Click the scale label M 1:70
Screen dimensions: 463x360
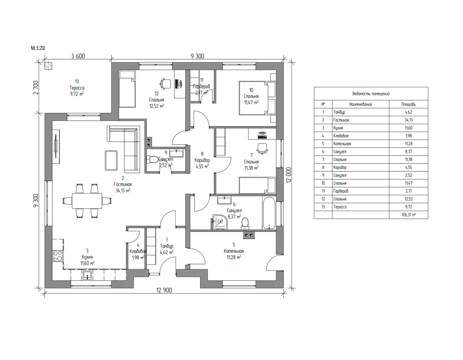[x=38, y=48]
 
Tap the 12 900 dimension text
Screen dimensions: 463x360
[x=164, y=290]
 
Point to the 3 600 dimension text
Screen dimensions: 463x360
[x=78, y=56]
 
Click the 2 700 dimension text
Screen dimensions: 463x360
[x=36, y=87]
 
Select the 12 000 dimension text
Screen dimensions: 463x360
[x=289, y=175]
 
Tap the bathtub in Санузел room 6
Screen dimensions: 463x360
[x=269, y=213]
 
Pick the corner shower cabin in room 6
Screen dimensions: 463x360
[x=220, y=222]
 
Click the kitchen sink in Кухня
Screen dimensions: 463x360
[x=87, y=275]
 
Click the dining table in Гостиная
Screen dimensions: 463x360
[x=87, y=201]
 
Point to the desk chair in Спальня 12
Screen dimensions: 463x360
[x=166, y=83]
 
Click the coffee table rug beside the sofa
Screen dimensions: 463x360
[x=111, y=161]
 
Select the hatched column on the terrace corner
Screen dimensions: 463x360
[x=48, y=66]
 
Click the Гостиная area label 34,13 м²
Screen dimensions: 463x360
[x=123, y=191]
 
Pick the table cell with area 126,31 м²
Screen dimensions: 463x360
[x=409, y=215]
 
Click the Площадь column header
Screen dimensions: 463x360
[x=409, y=105]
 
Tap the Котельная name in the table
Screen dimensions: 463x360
[x=342, y=144]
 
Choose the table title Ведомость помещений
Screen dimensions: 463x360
[x=371, y=94]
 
